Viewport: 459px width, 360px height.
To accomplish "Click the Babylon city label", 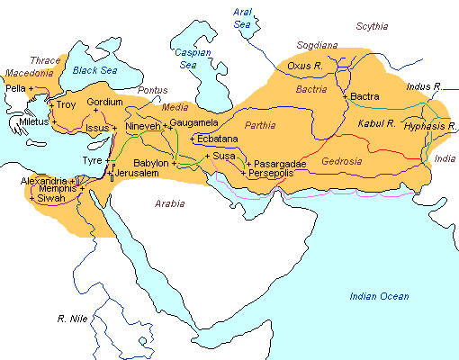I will pos(150,163).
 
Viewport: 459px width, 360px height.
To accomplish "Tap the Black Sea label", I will pos(96,70).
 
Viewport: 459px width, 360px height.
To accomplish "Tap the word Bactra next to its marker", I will pos(365,96).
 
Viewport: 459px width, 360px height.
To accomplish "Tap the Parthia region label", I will pos(260,124).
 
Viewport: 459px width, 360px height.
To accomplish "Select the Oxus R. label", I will pos(304,66).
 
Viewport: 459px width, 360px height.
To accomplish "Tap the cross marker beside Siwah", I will pos(32,199).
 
